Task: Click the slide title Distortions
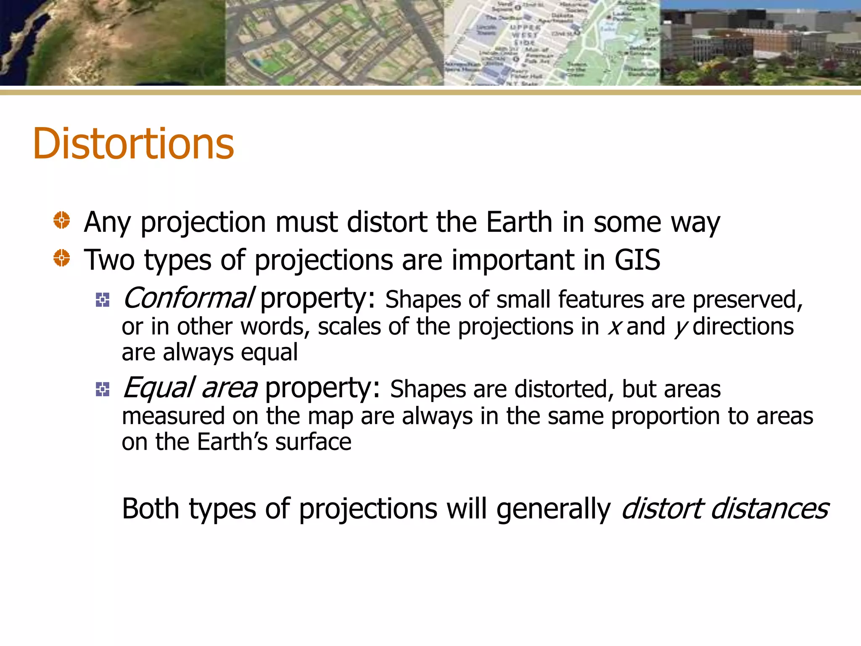pos(133,144)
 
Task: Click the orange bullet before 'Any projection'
pos(62,220)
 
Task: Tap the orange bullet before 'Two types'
pos(62,258)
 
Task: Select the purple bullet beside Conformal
pos(103,300)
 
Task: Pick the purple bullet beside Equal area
pos(103,389)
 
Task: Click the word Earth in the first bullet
pos(519,222)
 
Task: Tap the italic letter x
pos(614,327)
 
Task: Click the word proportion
pos(666,416)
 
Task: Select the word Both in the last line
pos(151,509)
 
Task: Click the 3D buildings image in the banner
pos(760,42)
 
